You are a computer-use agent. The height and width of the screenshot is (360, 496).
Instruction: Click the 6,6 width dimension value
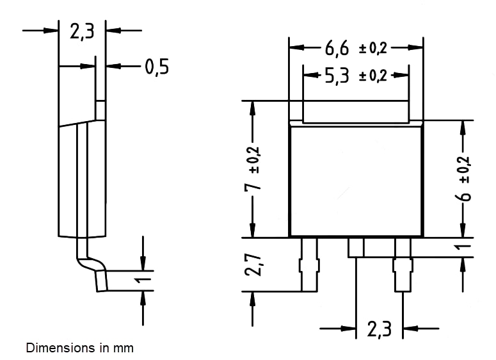pos(337,47)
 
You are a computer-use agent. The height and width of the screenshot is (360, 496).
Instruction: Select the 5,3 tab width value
pos(337,75)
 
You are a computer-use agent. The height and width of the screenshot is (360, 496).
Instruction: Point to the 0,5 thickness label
pos(157,66)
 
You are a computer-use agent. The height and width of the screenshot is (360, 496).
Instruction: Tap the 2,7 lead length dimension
pos(254,264)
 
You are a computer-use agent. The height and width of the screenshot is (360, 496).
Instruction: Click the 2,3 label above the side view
pos(82,31)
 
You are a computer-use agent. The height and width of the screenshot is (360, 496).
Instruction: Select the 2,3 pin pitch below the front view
pos(379,329)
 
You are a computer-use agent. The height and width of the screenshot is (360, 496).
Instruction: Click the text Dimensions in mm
pos(80,348)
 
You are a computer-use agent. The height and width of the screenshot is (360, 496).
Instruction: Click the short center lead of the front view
pos(356,247)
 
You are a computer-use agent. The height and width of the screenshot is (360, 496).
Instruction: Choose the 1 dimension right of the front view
pos(465,246)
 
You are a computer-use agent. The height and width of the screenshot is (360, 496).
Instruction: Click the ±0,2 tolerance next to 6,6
pos(373,48)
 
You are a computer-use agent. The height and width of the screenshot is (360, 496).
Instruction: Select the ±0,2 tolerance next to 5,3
pos(373,76)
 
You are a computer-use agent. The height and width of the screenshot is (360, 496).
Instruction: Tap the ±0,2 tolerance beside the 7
pos(254,156)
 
